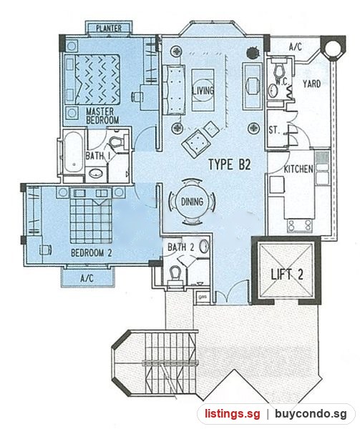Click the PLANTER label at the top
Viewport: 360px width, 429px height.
pyautogui.click(x=109, y=28)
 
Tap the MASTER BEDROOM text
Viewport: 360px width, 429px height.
pyautogui.click(x=102, y=116)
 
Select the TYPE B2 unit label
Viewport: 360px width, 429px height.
pyautogui.click(x=230, y=164)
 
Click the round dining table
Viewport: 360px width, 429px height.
pyautogui.click(x=192, y=202)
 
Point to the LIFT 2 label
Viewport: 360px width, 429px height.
pyautogui.click(x=287, y=274)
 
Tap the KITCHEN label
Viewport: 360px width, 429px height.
pyautogui.click(x=298, y=169)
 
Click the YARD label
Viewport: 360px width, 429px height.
pyautogui.click(x=311, y=84)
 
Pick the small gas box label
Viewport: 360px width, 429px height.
pyautogui.click(x=203, y=297)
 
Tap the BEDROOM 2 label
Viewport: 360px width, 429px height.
pyautogui.click(x=91, y=252)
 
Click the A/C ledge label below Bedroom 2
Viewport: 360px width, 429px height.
pyautogui.click(x=87, y=278)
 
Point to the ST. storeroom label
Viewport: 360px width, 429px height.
pyautogui.click(x=274, y=130)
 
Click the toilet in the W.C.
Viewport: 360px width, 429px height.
pyautogui.click(x=278, y=71)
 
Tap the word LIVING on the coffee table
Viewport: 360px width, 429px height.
pyautogui.click(x=203, y=91)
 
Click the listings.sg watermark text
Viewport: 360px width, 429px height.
pyautogui.click(x=232, y=414)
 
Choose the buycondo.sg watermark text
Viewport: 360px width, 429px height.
pyautogui.click(x=311, y=414)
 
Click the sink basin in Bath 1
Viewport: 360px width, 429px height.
pyautogui.click(x=95, y=173)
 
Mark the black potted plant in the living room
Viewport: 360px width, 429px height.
pyautogui.click(x=253, y=52)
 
